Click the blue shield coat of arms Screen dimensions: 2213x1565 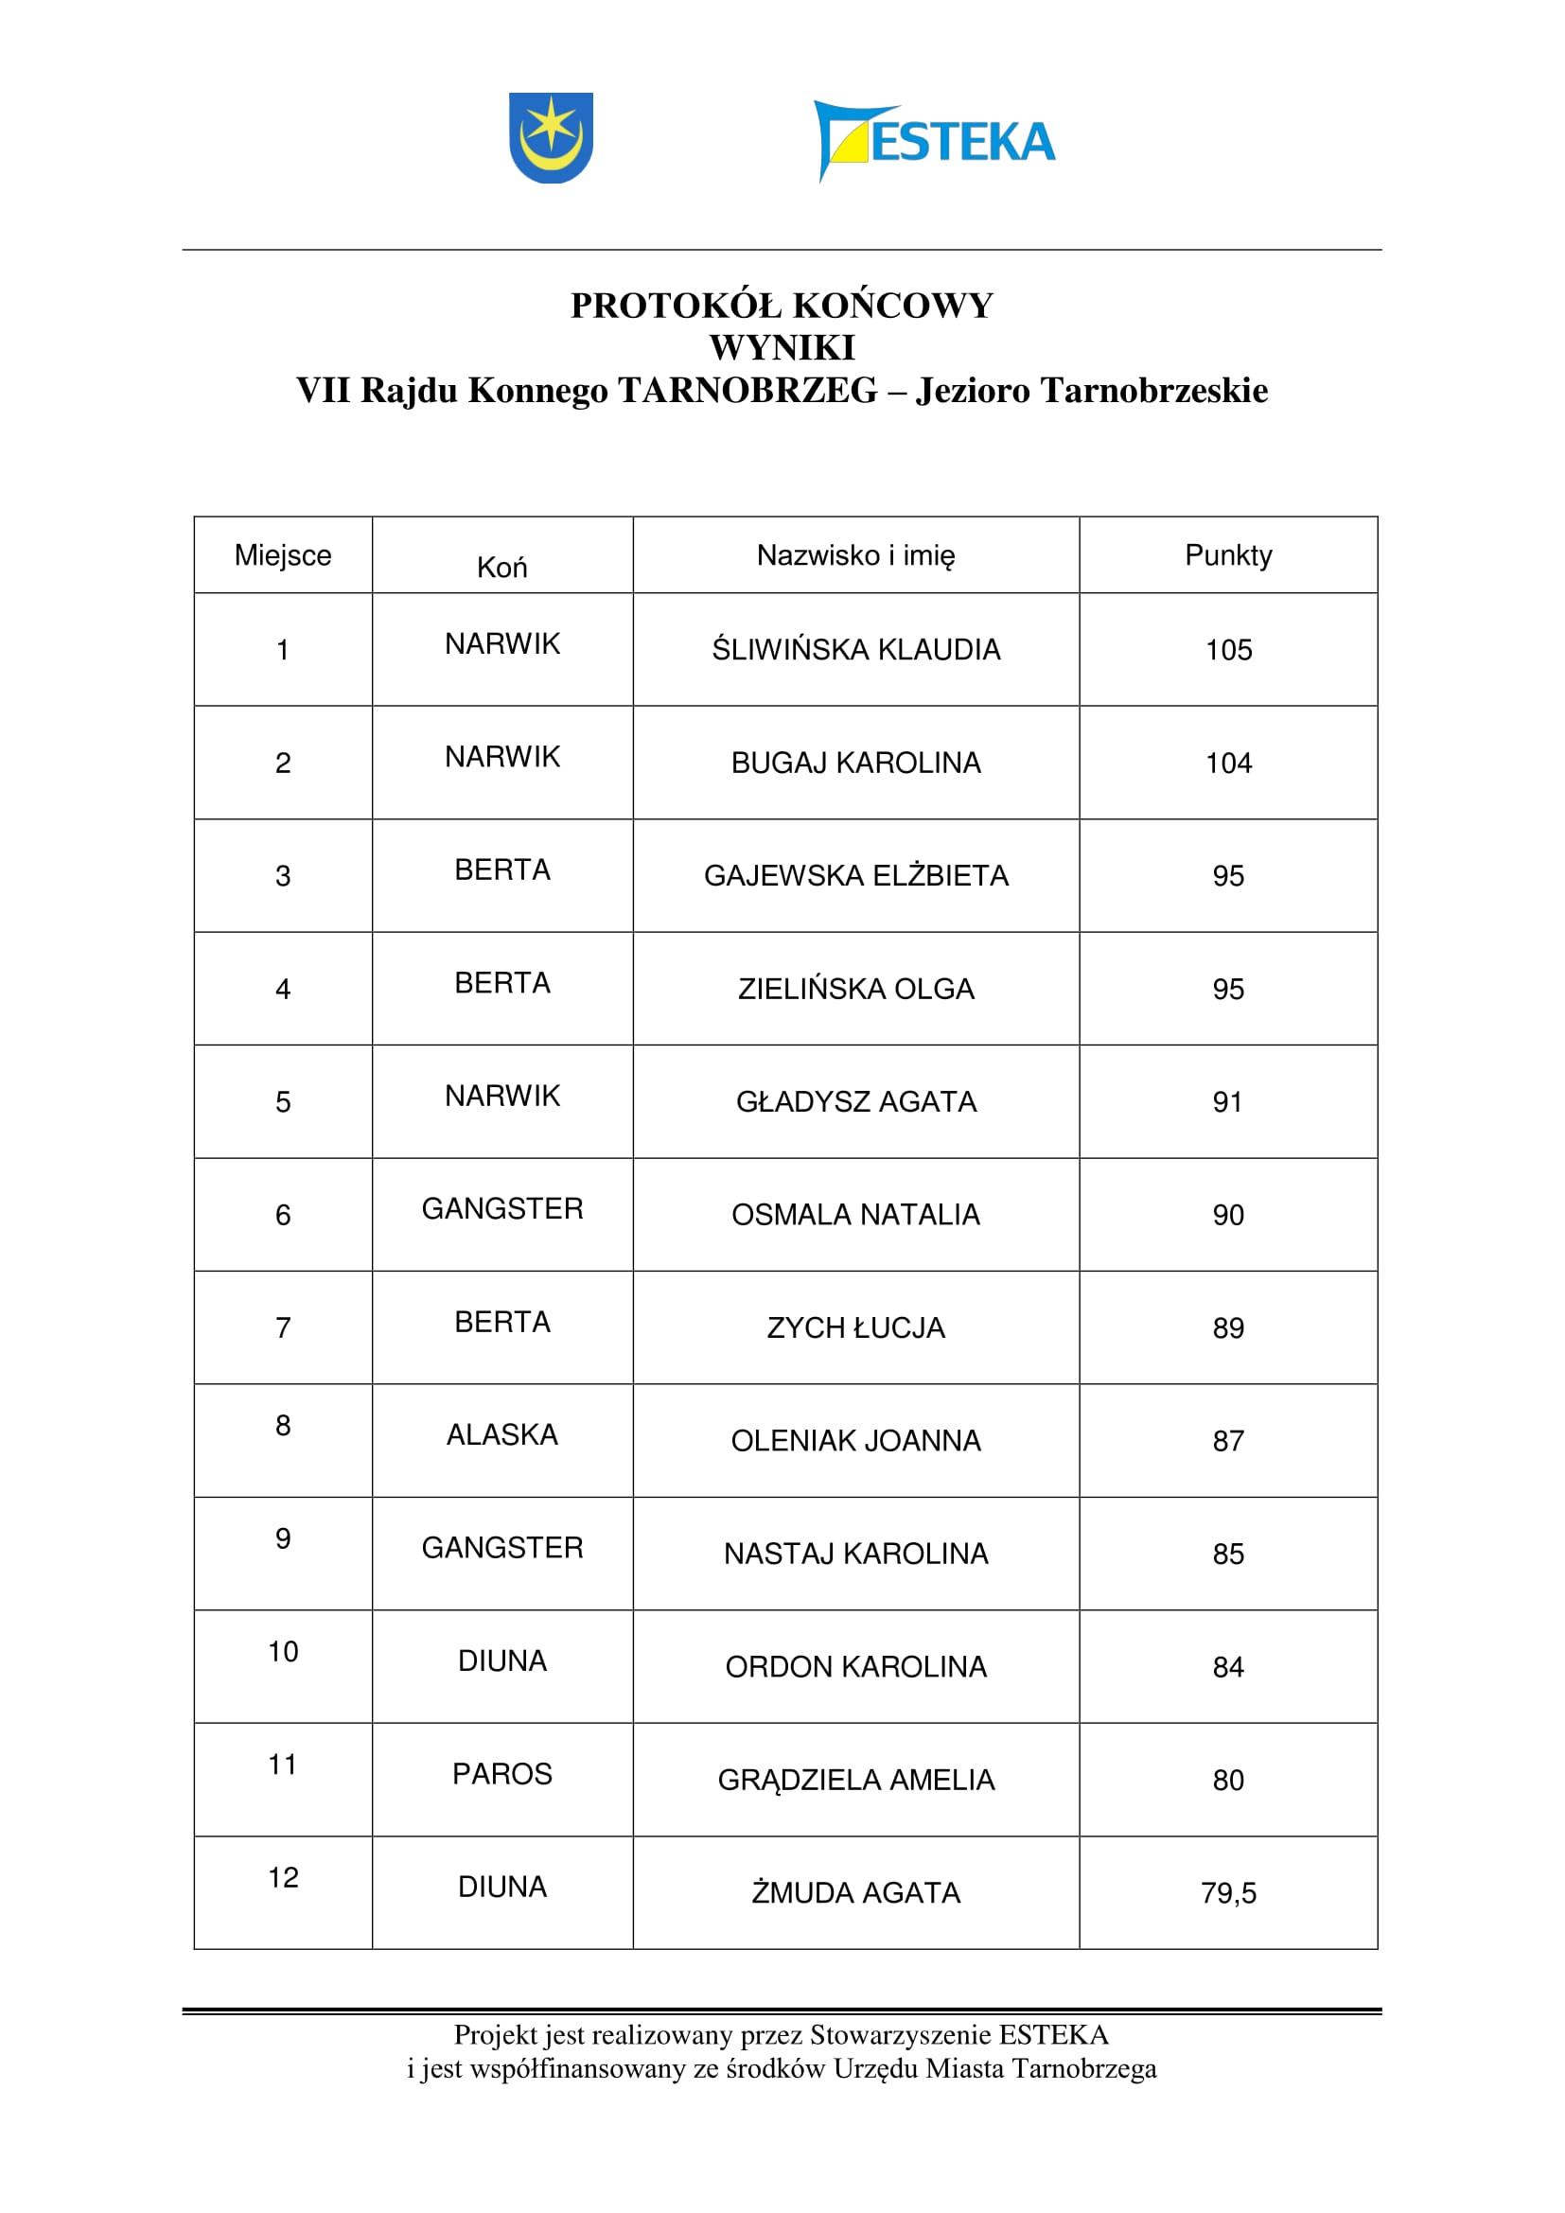551,137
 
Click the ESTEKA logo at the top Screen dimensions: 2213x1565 934,141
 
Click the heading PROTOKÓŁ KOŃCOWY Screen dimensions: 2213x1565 782,306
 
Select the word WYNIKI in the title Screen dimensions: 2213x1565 782,347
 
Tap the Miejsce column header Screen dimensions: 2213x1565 282,555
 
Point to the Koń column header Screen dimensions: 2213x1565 502,567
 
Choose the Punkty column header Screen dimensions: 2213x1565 1228,555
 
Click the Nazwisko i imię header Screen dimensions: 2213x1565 855,555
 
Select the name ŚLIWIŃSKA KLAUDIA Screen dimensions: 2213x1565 855,650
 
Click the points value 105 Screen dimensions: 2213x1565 1228,650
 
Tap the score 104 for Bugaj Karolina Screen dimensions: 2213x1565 1228,763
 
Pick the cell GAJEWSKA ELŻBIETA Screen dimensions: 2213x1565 855,875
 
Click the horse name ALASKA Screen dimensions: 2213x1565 502,1434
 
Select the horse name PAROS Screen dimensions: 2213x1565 502,1773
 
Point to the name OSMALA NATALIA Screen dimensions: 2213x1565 855,1215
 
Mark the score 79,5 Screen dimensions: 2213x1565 1228,1893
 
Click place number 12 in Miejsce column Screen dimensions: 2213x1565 282,1877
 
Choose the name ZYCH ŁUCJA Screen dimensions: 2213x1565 855,1327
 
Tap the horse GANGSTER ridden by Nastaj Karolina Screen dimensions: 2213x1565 502,1547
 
